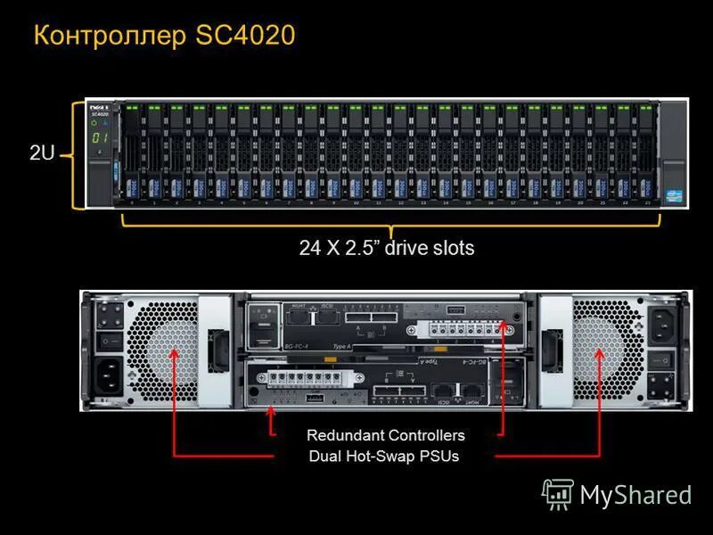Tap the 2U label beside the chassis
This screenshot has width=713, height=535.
[42, 153]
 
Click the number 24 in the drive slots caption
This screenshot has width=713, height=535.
[310, 249]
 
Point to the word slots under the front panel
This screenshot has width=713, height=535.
[451, 249]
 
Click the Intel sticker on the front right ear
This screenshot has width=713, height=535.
[673, 193]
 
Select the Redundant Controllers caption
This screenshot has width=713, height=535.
[386, 435]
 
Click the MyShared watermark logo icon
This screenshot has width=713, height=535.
[558, 493]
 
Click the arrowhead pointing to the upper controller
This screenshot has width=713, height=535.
[505, 328]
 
